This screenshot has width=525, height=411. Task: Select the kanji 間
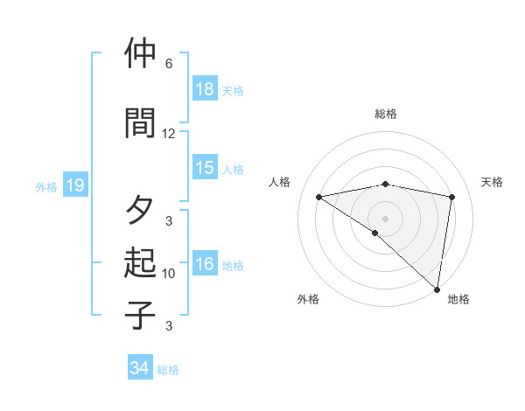click(x=140, y=122)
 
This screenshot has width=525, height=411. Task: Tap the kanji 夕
click(x=140, y=210)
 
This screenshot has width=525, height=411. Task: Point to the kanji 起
click(x=140, y=262)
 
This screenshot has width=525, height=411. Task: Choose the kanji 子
click(x=140, y=314)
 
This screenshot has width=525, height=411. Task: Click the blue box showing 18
click(x=205, y=90)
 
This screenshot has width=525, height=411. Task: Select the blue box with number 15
click(x=205, y=169)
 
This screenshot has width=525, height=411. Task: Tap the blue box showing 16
click(x=205, y=265)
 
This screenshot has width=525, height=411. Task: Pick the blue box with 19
click(x=75, y=185)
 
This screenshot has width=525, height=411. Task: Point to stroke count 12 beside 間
click(x=169, y=134)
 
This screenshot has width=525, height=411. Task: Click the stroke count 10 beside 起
click(x=169, y=274)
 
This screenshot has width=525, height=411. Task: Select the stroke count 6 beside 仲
click(x=169, y=64)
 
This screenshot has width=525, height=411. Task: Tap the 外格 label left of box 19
click(x=46, y=186)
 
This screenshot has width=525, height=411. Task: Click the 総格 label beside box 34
click(x=169, y=370)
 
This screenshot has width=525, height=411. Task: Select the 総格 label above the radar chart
click(x=386, y=114)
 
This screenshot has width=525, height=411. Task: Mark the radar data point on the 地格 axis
click(x=437, y=289)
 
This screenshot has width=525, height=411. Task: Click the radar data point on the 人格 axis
click(x=319, y=197)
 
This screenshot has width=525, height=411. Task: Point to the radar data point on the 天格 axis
click(x=452, y=197)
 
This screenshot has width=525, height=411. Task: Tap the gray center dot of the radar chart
click(x=386, y=218)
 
